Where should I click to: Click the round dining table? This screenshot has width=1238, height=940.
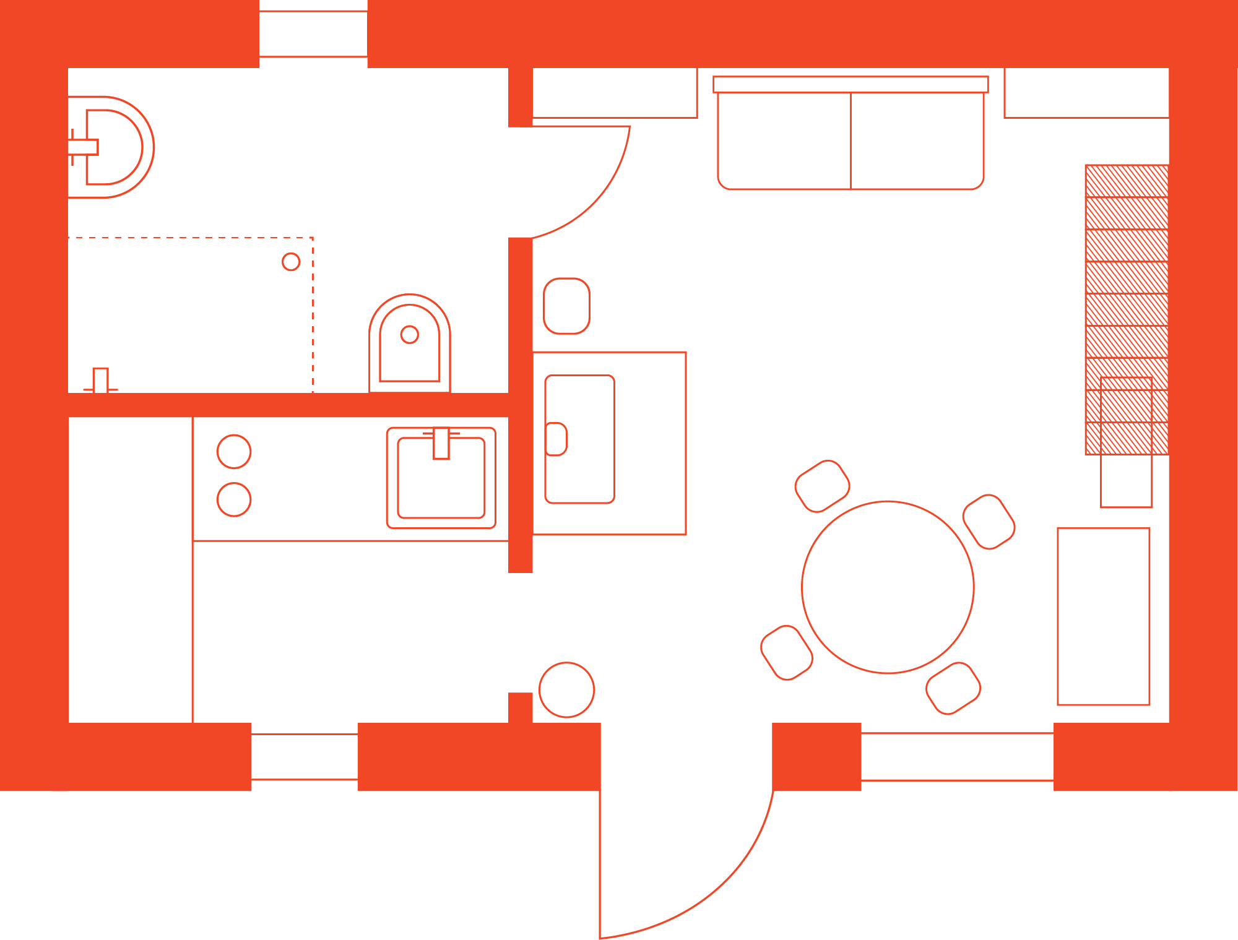[x=888, y=587]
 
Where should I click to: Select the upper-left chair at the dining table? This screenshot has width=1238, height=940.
[x=822, y=486]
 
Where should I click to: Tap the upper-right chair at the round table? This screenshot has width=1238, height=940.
[x=989, y=522]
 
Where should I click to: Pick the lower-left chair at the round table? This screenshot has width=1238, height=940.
[x=786, y=652]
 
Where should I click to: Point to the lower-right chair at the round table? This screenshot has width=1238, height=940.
[x=953, y=688]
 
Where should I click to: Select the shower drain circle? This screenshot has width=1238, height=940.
[x=291, y=262]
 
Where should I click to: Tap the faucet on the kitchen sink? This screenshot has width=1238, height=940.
[x=441, y=442]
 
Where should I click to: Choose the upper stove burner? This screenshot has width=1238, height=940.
[x=234, y=451]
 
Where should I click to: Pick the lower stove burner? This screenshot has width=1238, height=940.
[x=234, y=499]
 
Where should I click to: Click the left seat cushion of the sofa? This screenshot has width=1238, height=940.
[x=784, y=141]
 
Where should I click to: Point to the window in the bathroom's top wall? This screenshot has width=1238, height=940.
[x=313, y=34]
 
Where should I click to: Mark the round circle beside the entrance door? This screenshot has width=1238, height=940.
[x=566, y=689]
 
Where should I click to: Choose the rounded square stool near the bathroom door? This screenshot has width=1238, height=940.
[x=566, y=306]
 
